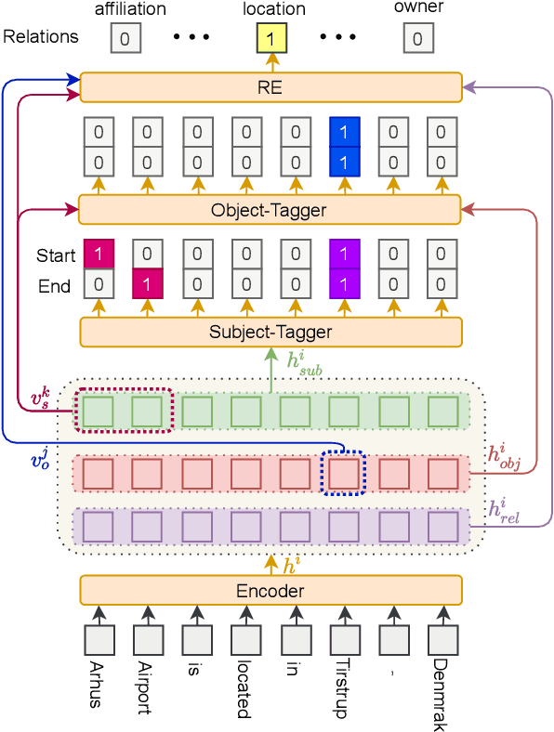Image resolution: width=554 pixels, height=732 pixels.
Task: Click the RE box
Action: [x=270, y=88]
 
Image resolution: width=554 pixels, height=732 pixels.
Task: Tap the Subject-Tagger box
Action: [x=270, y=331]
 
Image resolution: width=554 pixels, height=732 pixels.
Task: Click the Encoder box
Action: [x=270, y=591]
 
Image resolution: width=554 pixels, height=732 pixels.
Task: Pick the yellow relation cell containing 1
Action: [x=270, y=38]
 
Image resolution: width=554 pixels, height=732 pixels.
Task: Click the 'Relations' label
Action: [x=41, y=38]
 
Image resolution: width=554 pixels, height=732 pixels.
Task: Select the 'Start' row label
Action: [x=55, y=255]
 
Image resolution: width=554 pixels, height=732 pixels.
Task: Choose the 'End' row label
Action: [x=55, y=286]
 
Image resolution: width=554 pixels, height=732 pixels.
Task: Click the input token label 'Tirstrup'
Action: [x=342, y=689]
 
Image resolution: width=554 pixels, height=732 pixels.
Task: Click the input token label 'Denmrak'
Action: [x=442, y=691]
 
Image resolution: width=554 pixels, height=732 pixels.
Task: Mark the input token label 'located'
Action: [x=244, y=689]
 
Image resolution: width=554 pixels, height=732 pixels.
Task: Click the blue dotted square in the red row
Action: [x=343, y=474]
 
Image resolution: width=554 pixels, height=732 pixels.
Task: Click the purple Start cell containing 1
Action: [x=343, y=255]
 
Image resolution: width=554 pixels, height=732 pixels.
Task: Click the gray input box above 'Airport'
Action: [x=147, y=641]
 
